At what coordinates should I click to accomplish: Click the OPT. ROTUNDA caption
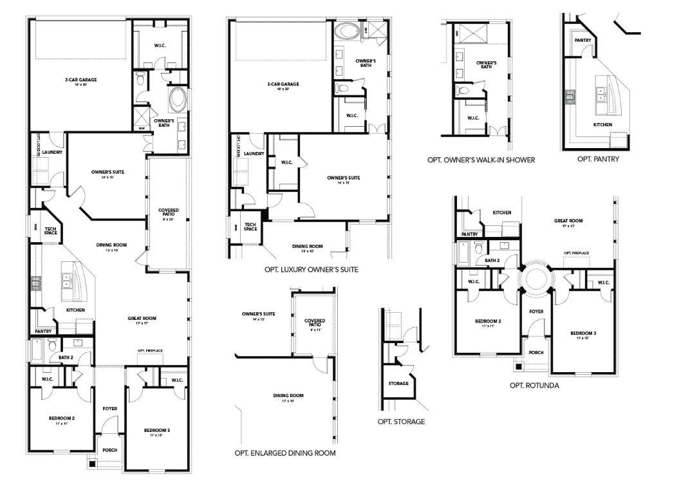534,386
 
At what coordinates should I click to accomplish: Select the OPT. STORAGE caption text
401,422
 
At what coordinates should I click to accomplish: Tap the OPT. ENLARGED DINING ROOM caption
285,453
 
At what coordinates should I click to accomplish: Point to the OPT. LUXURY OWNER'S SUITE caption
312,269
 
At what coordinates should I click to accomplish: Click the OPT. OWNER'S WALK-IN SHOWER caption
481,160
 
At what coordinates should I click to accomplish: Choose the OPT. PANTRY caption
598,159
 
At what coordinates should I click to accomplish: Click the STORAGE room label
398,384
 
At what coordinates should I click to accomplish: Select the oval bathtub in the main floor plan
178,101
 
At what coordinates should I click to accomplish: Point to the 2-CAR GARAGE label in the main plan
80,80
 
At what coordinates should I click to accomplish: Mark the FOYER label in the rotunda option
536,312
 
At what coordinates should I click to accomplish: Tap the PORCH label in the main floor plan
109,450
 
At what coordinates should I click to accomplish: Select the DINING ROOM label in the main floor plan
107,245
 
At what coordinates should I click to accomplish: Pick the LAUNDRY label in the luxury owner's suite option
254,154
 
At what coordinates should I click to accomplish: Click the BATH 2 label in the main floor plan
65,357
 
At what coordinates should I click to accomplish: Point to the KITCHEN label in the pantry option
602,125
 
